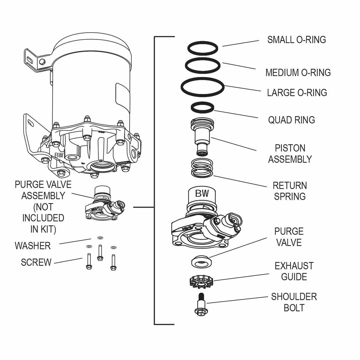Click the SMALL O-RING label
tap(296, 40)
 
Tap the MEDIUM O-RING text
tap(298, 73)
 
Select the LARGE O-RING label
tap(297, 93)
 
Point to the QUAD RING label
tap(291, 120)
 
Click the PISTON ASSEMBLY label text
tap(290, 154)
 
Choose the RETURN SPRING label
tap(290, 191)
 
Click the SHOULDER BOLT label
tap(294, 302)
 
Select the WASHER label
tap(33, 246)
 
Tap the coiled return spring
tap(202, 168)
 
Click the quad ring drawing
tap(203, 107)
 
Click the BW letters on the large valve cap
tap(202, 193)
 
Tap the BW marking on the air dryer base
tap(59, 155)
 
